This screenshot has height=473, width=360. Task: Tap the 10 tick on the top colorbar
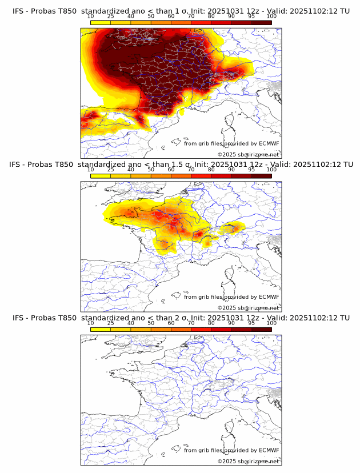[x=91, y=17]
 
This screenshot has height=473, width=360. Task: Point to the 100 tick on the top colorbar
[x=271, y=17]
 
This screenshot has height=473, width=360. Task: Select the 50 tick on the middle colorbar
[x=151, y=170]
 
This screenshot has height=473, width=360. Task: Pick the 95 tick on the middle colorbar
[x=251, y=170]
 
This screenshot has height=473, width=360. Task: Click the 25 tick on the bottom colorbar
[x=111, y=323]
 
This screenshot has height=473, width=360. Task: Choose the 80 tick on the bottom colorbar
[x=211, y=323]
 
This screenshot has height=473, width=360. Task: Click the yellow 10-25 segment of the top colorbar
[x=101, y=23]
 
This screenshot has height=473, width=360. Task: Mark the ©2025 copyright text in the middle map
[x=249, y=308]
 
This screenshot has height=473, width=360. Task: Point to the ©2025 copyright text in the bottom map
[x=249, y=462]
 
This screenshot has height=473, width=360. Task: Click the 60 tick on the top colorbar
[x=171, y=17]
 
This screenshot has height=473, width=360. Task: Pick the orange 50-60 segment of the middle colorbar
[x=161, y=176]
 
